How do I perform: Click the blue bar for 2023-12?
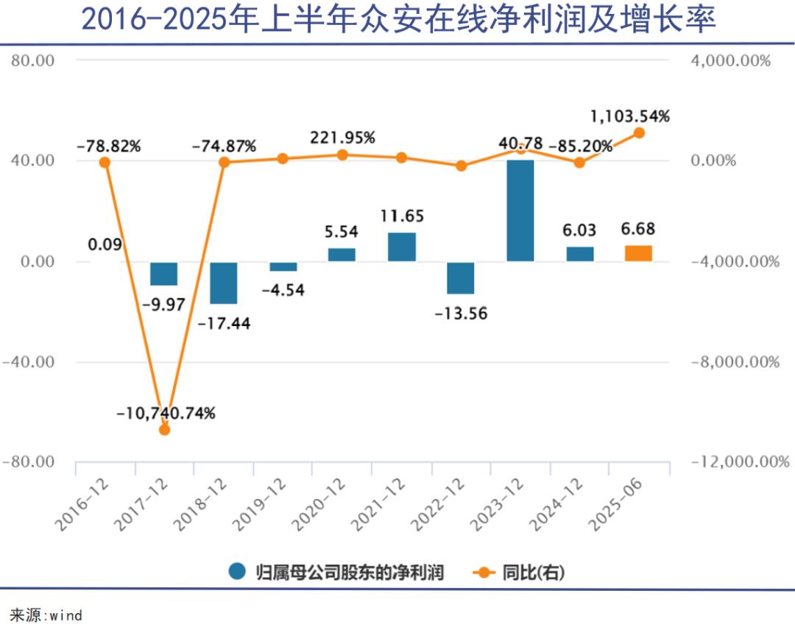(520, 210)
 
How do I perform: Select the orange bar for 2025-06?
(638, 253)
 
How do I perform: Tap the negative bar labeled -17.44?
(223, 283)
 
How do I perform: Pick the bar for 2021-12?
(401, 247)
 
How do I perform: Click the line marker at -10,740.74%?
(164, 429)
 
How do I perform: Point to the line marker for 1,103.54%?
(639, 133)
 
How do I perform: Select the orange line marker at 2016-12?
(105, 163)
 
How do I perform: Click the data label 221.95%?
(342, 138)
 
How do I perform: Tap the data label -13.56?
(461, 313)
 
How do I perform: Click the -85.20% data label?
(581, 146)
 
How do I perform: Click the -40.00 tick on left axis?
(29, 362)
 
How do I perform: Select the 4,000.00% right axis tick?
(730, 60)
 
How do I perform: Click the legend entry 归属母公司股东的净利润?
(338, 572)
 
